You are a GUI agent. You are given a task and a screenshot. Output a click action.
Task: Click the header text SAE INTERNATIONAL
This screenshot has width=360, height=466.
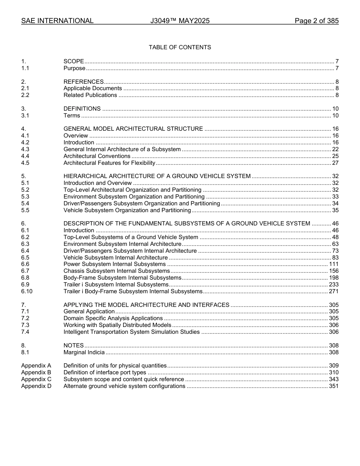(57, 21)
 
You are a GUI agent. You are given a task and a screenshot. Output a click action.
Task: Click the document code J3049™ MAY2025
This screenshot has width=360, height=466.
(180, 21)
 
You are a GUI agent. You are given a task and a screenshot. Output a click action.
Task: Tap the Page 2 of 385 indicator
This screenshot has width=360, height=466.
(316, 21)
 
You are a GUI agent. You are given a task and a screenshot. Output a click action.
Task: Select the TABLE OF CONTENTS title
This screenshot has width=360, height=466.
(180, 47)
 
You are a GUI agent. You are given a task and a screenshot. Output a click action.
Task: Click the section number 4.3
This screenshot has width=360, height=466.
(25, 149)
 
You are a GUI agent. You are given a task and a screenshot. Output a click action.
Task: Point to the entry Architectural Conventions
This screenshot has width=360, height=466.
(97, 156)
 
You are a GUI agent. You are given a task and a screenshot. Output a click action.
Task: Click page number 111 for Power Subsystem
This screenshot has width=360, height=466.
(333, 264)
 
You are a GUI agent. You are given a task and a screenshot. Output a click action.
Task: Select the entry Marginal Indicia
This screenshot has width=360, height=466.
(84, 352)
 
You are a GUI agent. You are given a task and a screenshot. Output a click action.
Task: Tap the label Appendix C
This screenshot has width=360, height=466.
(36, 379)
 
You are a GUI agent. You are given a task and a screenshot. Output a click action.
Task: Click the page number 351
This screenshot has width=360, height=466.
(333, 386)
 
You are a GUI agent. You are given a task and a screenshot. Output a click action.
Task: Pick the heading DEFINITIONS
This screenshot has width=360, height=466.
(82, 109)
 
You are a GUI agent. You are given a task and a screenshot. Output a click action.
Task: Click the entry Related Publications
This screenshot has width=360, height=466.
(90, 95)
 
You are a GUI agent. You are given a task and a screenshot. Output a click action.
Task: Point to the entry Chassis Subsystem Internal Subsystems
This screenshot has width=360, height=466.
(117, 271)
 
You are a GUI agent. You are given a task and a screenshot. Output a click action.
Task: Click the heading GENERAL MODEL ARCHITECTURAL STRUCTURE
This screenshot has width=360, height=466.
(133, 129)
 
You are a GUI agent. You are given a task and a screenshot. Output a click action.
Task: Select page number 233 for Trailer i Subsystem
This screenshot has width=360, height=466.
(333, 285)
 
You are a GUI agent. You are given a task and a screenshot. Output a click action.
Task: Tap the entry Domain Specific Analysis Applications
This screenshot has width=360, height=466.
(113, 318)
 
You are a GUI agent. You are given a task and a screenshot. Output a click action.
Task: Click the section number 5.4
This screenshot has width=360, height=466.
(25, 203)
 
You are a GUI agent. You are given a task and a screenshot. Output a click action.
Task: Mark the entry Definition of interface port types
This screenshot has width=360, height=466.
(105, 372)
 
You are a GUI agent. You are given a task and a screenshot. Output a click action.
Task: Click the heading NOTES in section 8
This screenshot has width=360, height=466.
(74, 346)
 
